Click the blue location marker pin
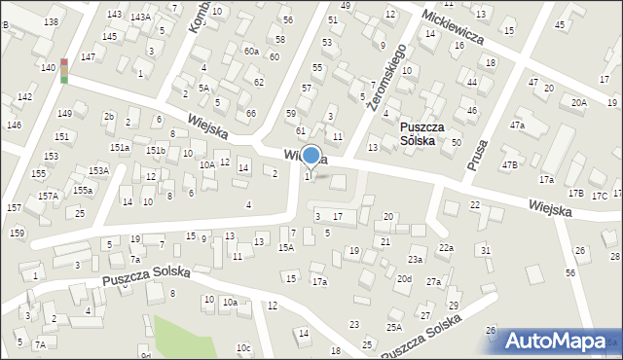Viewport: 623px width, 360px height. [311, 156]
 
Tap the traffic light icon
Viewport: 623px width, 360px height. [64, 70]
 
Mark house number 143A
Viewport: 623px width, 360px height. [140, 17]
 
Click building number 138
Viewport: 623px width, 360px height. [51, 21]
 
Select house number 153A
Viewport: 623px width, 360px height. [98, 170]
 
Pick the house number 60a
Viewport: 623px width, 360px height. [251, 51]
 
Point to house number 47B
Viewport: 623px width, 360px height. [509, 165]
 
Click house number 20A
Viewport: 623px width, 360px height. [579, 102]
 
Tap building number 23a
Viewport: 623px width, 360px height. [415, 260]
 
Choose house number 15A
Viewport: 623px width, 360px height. [285, 248]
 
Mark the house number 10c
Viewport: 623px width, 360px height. [243, 348]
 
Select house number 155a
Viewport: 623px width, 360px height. [83, 190]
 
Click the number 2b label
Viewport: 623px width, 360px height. [109, 117]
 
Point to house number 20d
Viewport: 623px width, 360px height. [404, 279]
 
